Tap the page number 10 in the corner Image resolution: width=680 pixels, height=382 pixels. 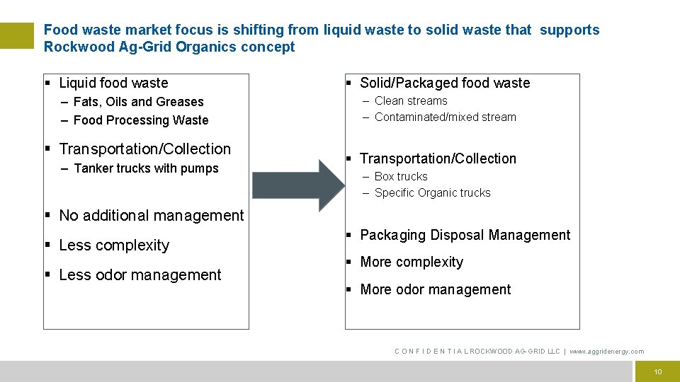(x=658, y=371)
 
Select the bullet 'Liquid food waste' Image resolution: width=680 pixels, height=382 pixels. (x=113, y=83)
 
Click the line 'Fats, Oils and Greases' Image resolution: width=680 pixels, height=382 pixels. (x=138, y=102)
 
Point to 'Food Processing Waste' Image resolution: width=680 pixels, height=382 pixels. (x=141, y=120)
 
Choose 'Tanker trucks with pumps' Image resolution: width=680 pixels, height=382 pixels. (x=146, y=168)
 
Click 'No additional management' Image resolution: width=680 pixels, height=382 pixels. (x=151, y=216)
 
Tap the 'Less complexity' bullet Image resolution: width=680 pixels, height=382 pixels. (x=114, y=245)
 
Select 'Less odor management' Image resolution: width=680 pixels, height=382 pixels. (x=140, y=275)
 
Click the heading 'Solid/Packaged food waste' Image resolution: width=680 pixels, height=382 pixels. (x=445, y=83)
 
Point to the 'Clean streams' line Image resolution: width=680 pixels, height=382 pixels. (x=411, y=101)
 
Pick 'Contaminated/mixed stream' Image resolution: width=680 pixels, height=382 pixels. (x=445, y=117)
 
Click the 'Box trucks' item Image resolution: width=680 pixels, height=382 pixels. (x=401, y=177)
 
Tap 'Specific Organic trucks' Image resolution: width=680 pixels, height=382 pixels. (x=432, y=193)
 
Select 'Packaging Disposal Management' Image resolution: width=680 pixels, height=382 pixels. (x=465, y=236)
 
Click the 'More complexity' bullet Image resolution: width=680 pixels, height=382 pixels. (x=412, y=262)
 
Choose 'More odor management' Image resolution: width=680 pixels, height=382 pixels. (x=435, y=290)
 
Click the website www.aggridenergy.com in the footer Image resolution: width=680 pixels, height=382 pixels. (x=607, y=352)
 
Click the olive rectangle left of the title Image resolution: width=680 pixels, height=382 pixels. (x=17, y=35)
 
